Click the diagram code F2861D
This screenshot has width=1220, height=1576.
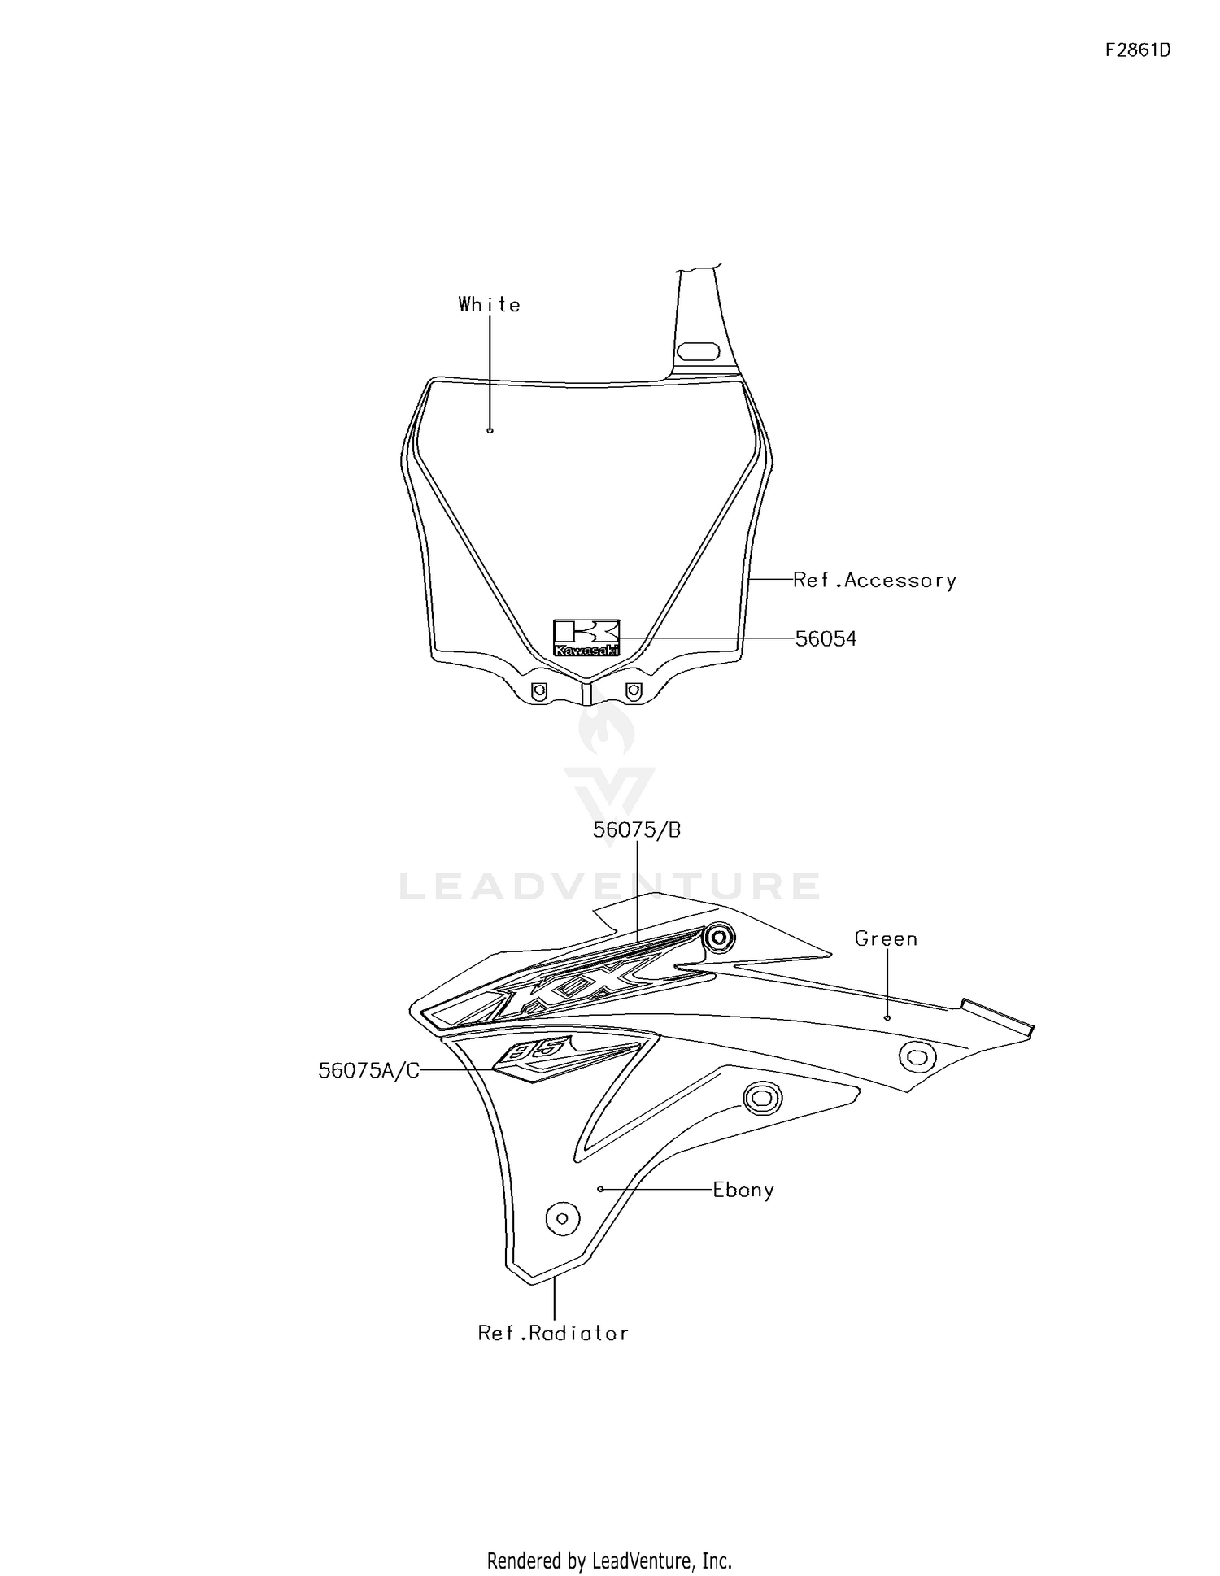point(1137,50)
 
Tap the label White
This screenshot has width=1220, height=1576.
point(489,304)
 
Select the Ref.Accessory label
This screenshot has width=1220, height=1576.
point(874,580)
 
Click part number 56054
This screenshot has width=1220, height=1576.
point(826,639)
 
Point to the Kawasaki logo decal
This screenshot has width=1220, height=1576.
point(586,638)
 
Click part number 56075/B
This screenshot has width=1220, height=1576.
point(637,830)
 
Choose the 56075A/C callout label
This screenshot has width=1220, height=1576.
point(369,1071)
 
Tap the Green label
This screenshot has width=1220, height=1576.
point(886,938)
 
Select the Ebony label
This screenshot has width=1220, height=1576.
point(743,1190)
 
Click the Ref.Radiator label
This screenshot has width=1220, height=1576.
point(553,1333)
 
